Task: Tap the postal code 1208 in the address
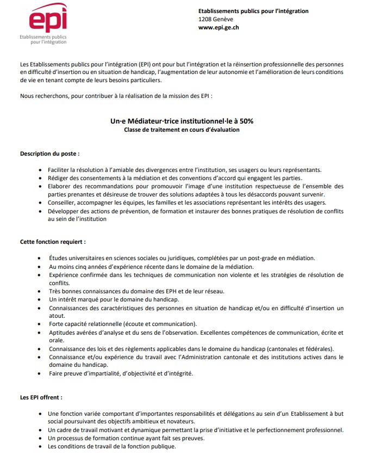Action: coord(205,20)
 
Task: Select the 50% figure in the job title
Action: coord(246,121)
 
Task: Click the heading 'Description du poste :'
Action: coord(50,154)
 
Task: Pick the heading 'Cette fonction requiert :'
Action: coord(53,241)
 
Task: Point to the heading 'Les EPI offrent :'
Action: coord(41,398)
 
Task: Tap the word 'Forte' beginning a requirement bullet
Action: coord(57,324)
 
